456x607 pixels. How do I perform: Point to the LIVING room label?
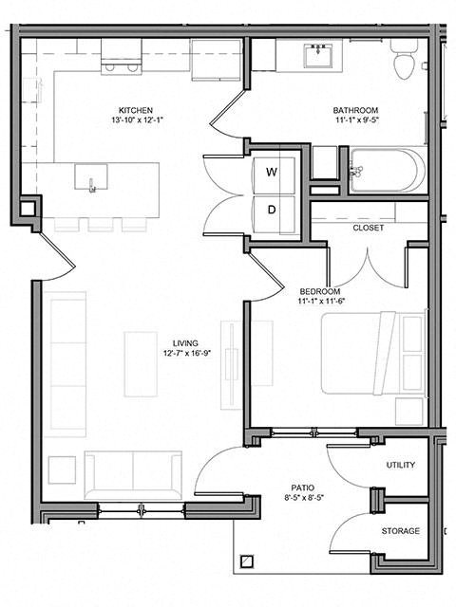(186, 343)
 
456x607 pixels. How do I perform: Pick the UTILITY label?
(400, 466)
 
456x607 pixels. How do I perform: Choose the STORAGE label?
(400, 531)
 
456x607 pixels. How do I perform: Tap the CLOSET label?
(368, 229)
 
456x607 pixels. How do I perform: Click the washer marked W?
(272, 173)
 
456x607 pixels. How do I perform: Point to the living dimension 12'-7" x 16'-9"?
(186, 355)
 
